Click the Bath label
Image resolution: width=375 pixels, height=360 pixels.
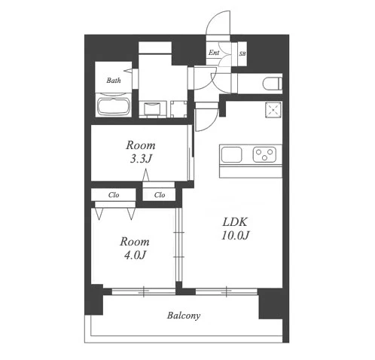[x=114, y=81]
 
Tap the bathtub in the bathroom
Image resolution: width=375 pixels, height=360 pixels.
[x=114, y=106]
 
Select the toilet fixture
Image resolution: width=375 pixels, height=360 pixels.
[x=272, y=84]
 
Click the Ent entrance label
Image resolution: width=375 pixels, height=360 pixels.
[x=214, y=53]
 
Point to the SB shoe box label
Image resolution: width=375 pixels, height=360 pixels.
[x=242, y=53]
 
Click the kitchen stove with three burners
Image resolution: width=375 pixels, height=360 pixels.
[x=264, y=154]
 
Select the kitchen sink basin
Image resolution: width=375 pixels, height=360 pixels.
[x=231, y=154]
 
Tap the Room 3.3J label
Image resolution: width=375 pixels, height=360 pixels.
[x=141, y=152]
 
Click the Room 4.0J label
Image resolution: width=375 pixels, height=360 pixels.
[x=135, y=248]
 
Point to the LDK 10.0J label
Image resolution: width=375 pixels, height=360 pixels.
[x=235, y=228]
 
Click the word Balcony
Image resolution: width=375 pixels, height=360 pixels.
[x=184, y=316]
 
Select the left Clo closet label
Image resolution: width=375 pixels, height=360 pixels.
[x=114, y=195]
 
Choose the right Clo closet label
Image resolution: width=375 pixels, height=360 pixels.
[x=160, y=195]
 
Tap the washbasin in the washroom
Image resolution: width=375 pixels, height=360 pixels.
[x=152, y=108]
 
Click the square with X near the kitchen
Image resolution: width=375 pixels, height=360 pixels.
[x=273, y=110]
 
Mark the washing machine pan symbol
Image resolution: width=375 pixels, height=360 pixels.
[x=178, y=109]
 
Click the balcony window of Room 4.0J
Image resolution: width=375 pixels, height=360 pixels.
[x=143, y=291]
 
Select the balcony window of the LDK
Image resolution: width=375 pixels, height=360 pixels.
[x=227, y=291]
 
